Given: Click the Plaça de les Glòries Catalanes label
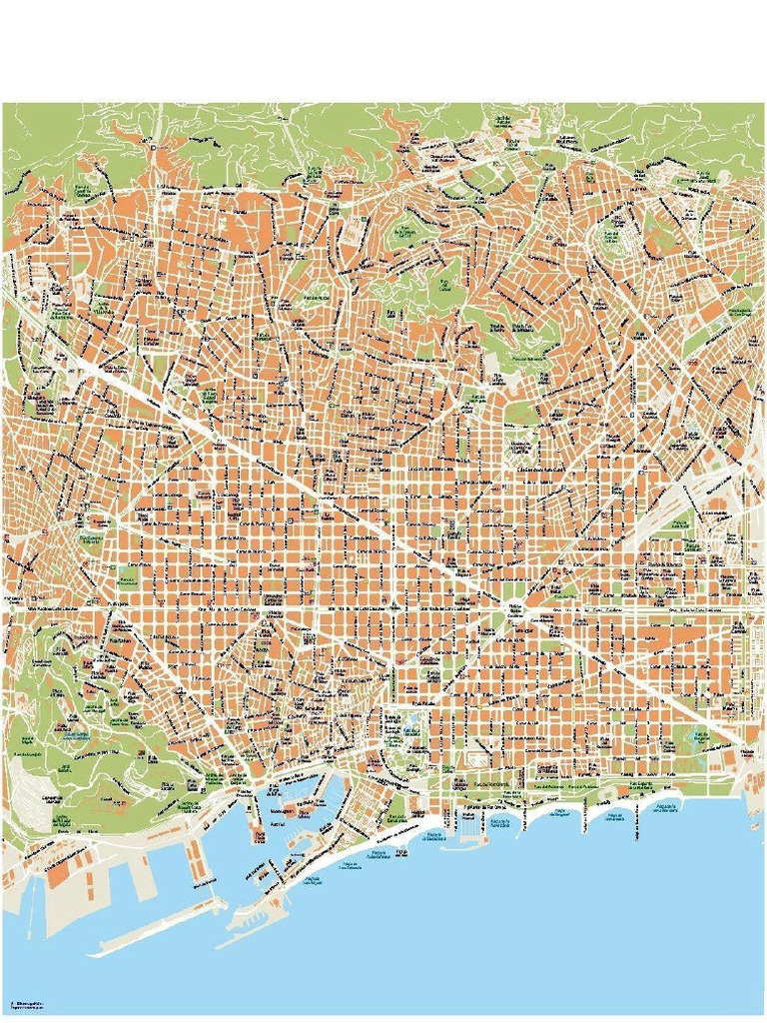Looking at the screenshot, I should (x=515, y=609).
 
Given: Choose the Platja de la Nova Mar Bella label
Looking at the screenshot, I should (x=664, y=805).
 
